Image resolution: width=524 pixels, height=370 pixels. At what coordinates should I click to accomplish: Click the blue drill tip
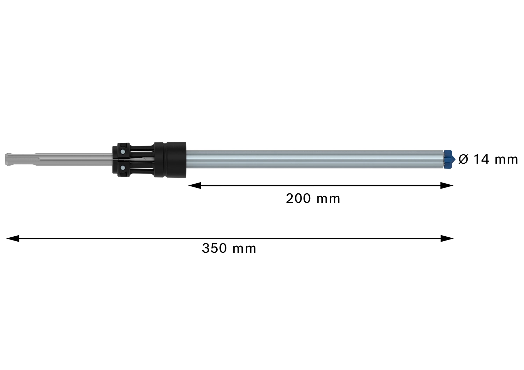pos(449,159)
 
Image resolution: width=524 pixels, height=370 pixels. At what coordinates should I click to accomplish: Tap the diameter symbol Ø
pos(463,159)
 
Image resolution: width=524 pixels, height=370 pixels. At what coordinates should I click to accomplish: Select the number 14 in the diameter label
pos(481,159)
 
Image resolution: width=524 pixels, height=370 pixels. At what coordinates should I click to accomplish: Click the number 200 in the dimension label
pos(298,199)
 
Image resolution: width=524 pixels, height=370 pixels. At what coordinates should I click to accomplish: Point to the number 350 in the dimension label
pos(214,249)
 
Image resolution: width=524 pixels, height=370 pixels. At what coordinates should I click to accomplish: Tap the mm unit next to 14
pos(506,160)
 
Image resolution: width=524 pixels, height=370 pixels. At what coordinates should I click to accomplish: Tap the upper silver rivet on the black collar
pos(122,152)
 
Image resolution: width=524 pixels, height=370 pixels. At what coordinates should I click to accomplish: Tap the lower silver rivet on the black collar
pos(122,168)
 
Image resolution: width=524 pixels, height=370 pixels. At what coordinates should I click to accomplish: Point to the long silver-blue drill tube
pos(314,160)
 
